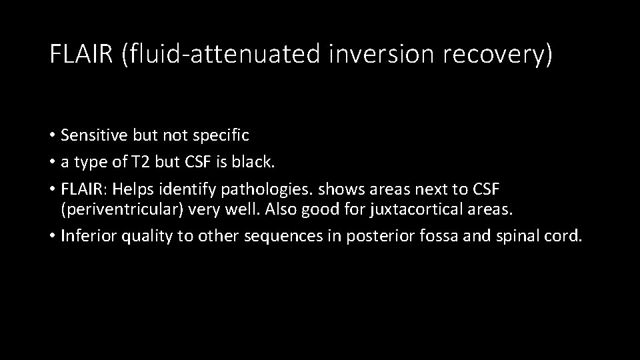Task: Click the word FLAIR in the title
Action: [82, 55]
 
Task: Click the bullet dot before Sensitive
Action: [52, 136]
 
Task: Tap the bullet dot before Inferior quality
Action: [52, 236]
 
